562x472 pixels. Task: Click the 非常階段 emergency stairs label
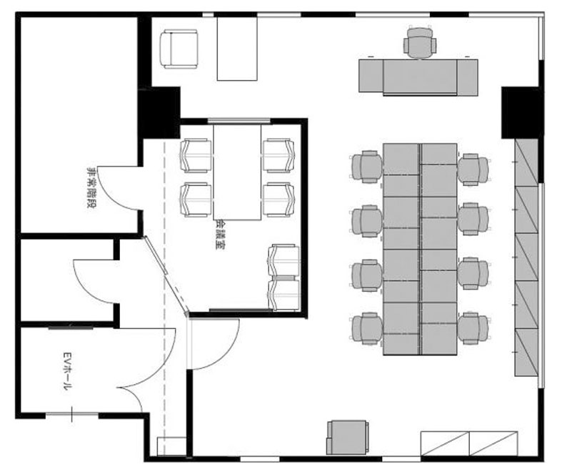pyautogui.click(x=92, y=188)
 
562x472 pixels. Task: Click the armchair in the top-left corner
pyautogui.click(x=179, y=49)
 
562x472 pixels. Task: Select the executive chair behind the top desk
pyautogui.click(x=420, y=42)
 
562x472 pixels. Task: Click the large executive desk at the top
pyautogui.click(x=418, y=77)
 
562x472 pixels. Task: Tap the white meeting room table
pyautogui.click(x=237, y=172)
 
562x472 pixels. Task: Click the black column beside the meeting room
pyautogui.click(x=159, y=112)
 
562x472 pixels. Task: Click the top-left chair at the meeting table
pyautogui.click(x=196, y=155)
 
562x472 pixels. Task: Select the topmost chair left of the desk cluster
pyautogui.click(x=366, y=167)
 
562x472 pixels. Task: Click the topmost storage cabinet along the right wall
pyautogui.click(x=526, y=162)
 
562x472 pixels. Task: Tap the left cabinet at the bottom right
pyautogui.click(x=445, y=443)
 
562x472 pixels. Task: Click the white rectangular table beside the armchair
pyautogui.click(x=237, y=49)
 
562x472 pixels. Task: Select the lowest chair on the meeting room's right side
pyautogui.click(x=284, y=294)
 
